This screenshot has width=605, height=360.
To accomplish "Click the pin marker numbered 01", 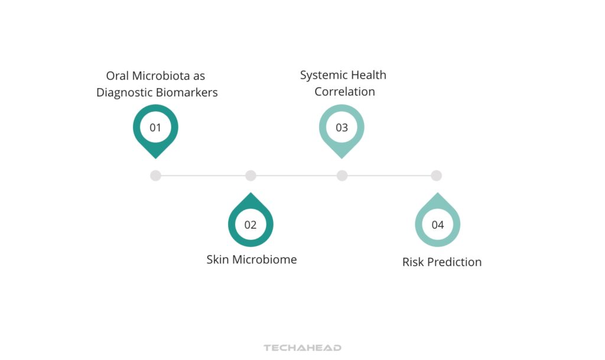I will click(x=155, y=128).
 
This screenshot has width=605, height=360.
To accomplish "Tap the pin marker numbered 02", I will click(x=251, y=224).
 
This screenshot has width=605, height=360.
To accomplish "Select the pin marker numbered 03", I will click(x=341, y=128).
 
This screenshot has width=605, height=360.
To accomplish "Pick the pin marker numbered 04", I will click(x=437, y=224).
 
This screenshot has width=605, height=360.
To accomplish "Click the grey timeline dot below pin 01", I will click(x=155, y=176).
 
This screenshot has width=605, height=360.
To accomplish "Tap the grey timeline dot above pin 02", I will click(x=251, y=176).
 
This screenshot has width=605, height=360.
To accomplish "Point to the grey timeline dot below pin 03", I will click(x=342, y=176).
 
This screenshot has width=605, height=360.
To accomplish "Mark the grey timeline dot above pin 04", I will click(x=436, y=176).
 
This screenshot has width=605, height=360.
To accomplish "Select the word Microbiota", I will click(x=162, y=76).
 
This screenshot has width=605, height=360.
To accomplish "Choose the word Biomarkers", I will click(x=187, y=93).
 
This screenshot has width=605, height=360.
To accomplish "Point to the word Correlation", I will click(x=344, y=92).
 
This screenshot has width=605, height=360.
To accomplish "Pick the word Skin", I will click(x=217, y=260).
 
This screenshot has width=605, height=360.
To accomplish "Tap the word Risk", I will click(x=412, y=262).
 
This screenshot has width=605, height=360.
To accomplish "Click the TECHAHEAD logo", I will click(x=302, y=348).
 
